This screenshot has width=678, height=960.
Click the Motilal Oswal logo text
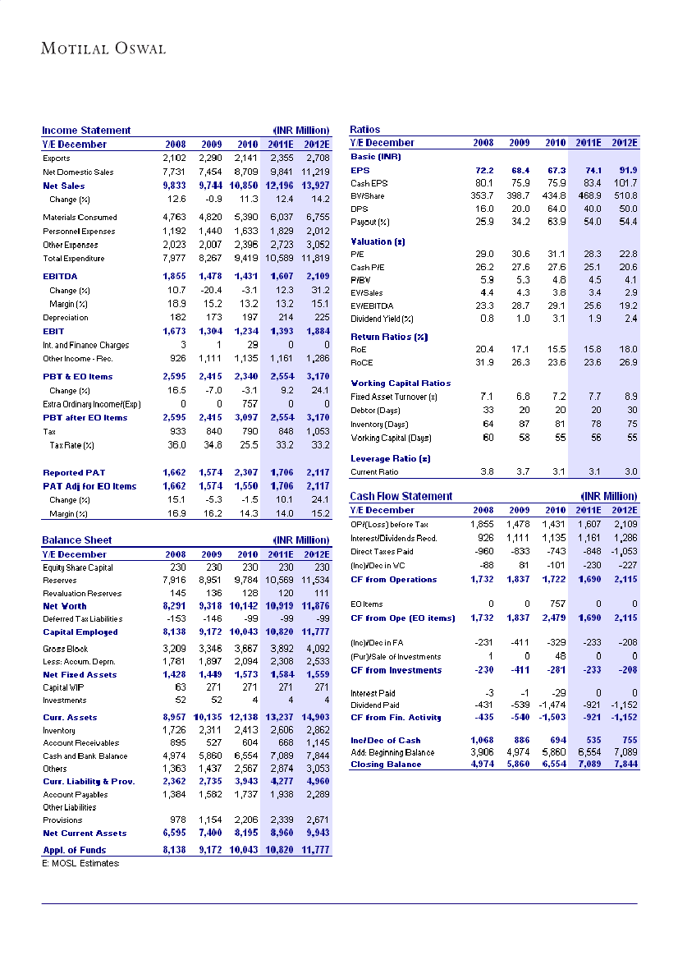[103, 48]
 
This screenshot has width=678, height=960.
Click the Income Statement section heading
[86, 131]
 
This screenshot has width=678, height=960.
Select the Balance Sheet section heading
[77, 540]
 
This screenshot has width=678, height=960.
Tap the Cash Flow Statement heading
[401, 496]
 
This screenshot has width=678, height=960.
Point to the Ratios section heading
[364, 130]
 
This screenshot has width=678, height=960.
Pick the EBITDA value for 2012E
[315, 277]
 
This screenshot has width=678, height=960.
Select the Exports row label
[57, 158]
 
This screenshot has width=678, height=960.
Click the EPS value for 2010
[554, 170]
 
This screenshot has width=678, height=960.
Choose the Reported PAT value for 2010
[245, 473]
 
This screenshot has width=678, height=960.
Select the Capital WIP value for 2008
[181, 688]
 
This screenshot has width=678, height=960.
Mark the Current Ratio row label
[374, 472]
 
